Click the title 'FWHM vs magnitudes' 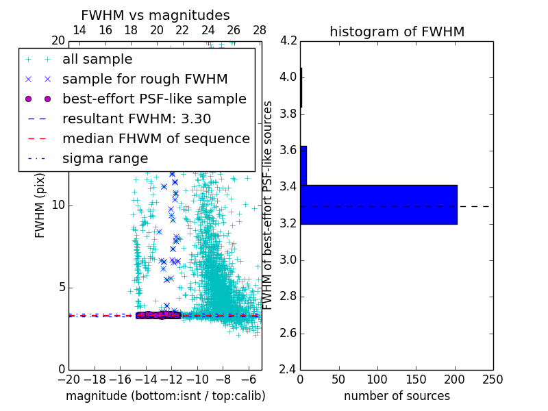pos(155,15)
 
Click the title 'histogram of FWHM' pos(397,32)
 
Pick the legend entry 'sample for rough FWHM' pos(145,79)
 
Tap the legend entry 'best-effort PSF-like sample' pos(154,99)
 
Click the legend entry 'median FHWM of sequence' pos(155,138)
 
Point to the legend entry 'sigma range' pos(105,159)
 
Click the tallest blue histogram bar pos(379,204)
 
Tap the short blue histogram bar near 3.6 pos(303,165)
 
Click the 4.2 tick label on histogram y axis pos(288,40)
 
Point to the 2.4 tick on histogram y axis pos(288,371)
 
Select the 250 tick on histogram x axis pos(493,379)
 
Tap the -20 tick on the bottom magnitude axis pos(68,379)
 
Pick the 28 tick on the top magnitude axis pos(260,30)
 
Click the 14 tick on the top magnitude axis pos(79,30)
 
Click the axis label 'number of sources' pos(397,396)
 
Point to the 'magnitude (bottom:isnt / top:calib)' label pos(165,396)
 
